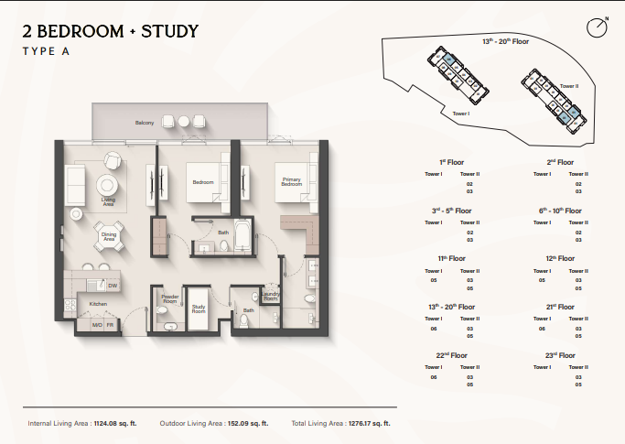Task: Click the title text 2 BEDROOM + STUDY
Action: (x=110, y=31)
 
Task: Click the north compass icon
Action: (x=597, y=27)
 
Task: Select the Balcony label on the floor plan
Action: (x=144, y=123)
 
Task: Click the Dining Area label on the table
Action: (x=109, y=236)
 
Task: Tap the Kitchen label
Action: (x=98, y=303)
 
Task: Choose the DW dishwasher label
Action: (x=112, y=286)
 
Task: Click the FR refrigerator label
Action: (x=110, y=324)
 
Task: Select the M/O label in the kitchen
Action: (x=96, y=324)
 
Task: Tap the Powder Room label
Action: (x=169, y=298)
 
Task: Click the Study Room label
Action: (x=199, y=309)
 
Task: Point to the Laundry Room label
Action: (x=270, y=296)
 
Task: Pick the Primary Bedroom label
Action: (x=292, y=182)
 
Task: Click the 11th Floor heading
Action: (x=452, y=258)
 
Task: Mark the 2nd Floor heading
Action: (x=560, y=162)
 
